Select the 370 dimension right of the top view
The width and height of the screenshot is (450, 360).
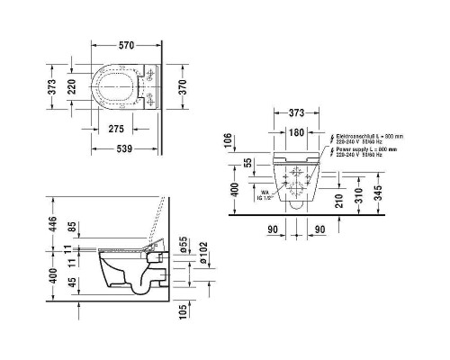click(183, 86)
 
